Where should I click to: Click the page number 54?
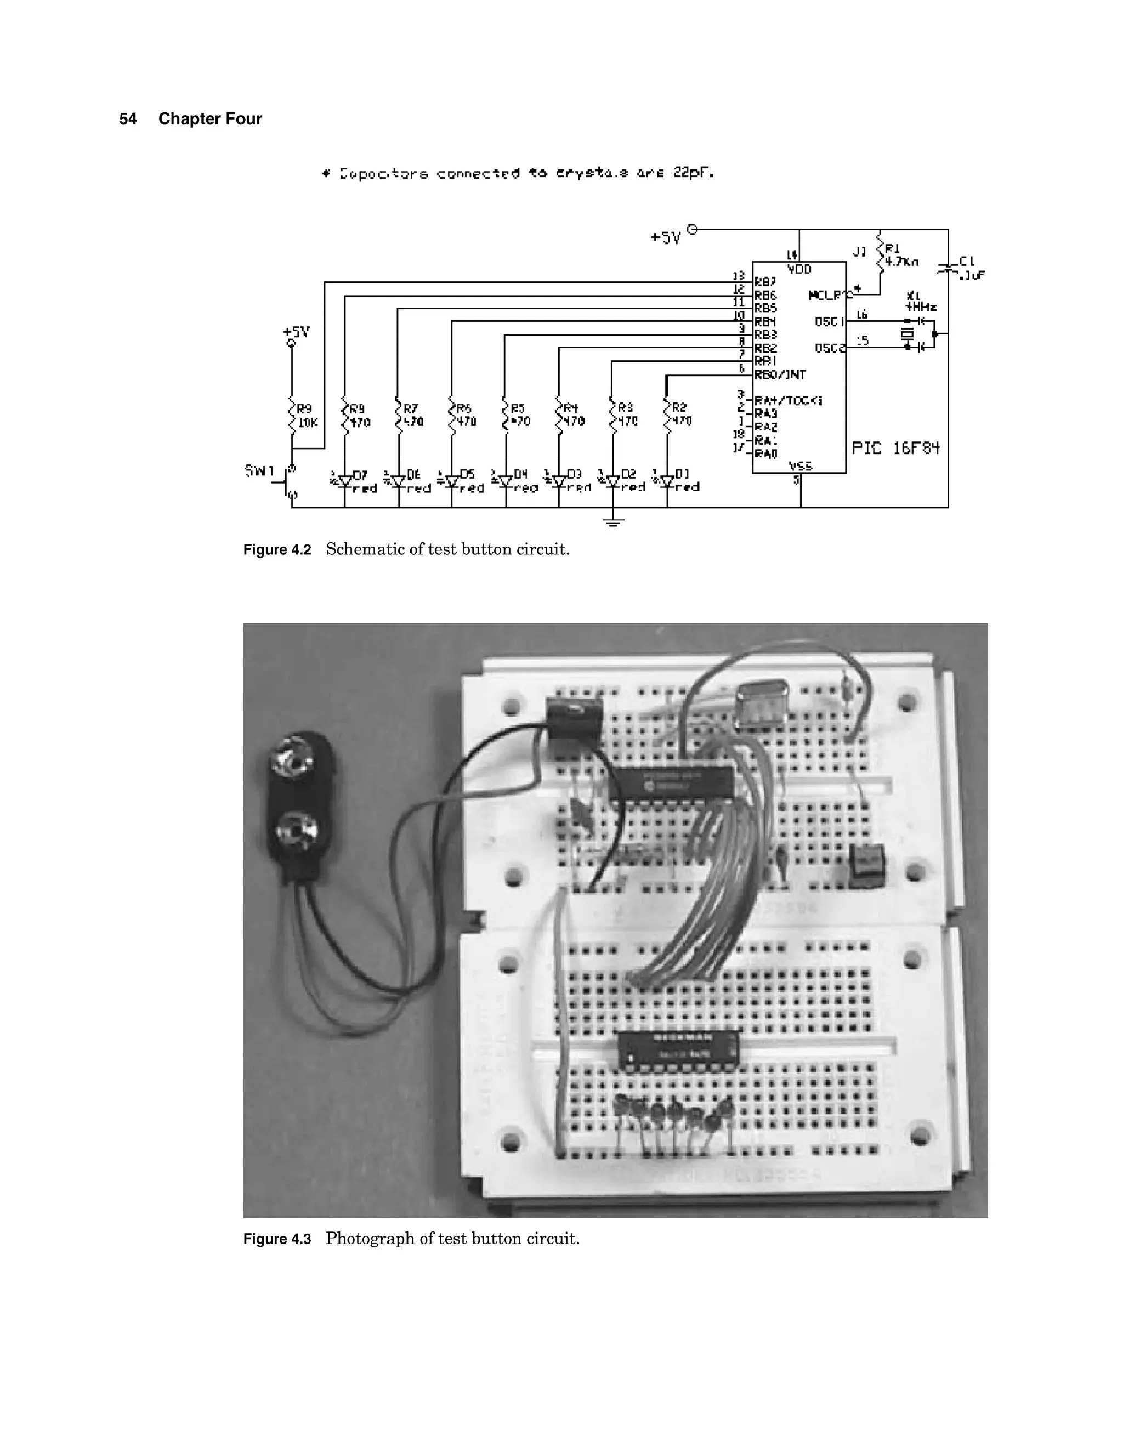[x=128, y=119]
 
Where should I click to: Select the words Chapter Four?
[x=209, y=119]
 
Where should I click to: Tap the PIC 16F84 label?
[x=895, y=448]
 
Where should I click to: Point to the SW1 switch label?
[x=259, y=471]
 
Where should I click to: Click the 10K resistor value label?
[x=308, y=422]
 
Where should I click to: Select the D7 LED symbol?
[x=344, y=480]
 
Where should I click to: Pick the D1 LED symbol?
[x=667, y=480]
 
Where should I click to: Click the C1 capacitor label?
[x=967, y=262]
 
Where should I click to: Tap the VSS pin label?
[x=801, y=466]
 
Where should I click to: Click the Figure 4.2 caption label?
[x=277, y=549]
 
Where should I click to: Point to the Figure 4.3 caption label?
[x=277, y=1239]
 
